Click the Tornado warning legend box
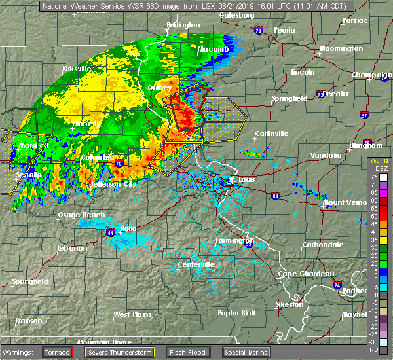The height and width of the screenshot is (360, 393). coord(59,352)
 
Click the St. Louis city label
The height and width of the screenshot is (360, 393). coord(240,179)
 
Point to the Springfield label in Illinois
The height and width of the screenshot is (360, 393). coord(290,98)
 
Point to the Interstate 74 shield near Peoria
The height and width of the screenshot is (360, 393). coord(259,31)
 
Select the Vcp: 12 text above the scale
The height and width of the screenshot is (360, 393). coord(379,161)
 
